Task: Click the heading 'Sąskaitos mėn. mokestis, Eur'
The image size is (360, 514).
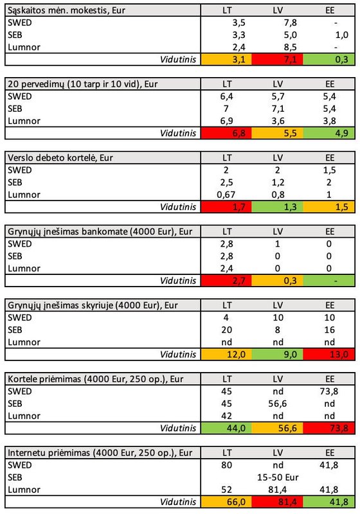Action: (66, 10)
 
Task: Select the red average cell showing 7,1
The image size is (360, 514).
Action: (277, 59)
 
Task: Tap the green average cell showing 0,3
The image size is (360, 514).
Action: (328, 59)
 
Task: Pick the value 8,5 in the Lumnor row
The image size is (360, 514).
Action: (290, 47)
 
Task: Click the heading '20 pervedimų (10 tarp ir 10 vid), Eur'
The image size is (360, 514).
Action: (83, 84)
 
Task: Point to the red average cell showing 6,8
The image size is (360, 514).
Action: (226, 133)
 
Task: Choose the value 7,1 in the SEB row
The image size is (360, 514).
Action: (278, 109)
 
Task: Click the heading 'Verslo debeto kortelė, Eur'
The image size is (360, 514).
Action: (60, 158)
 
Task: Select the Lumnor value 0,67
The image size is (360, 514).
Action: (226, 195)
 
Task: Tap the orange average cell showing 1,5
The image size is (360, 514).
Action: (328, 207)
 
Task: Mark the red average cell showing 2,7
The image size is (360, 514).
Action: (226, 281)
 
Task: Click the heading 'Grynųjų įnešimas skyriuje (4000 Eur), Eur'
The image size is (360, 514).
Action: (93, 306)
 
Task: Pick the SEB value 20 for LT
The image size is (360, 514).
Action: (226, 330)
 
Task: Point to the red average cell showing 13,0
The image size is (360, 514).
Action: (328, 355)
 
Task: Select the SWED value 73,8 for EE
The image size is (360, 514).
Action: (329, 391)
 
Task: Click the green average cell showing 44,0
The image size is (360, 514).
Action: (226, 428)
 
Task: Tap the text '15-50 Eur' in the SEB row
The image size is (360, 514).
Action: (278, 477)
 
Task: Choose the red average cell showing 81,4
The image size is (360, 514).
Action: (277, 502)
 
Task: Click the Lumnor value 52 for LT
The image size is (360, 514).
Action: (226, 490)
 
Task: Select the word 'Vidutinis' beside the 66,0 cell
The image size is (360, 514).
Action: (178, 502)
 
